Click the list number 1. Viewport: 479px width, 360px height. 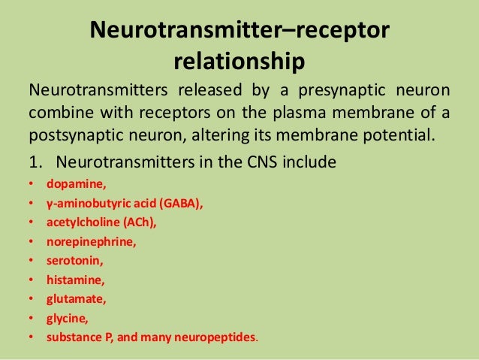point(35,162)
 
